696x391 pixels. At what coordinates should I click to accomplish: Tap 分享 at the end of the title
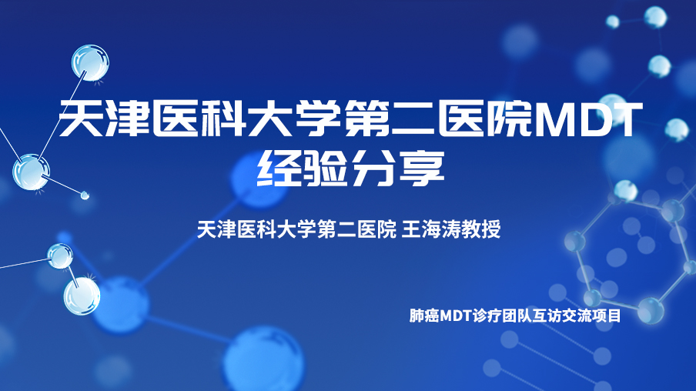coord(399,169)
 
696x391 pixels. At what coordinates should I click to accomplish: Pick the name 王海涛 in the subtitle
coord(431,229)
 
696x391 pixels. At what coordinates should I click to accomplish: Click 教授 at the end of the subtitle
coord(481,229)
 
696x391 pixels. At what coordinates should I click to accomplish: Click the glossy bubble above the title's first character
coord(90,62)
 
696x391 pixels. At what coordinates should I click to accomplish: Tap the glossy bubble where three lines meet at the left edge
coord(31,172)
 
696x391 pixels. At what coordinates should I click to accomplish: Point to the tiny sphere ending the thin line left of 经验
coord(85,195)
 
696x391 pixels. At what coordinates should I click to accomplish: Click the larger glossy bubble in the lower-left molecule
coord(82,296)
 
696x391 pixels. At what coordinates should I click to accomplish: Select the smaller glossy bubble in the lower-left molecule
coord(60,256)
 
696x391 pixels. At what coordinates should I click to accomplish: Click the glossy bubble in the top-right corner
coord(655,18)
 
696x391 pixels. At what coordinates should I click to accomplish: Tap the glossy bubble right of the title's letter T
coord(677,129)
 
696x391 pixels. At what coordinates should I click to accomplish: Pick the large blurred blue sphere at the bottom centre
coord(265,359)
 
